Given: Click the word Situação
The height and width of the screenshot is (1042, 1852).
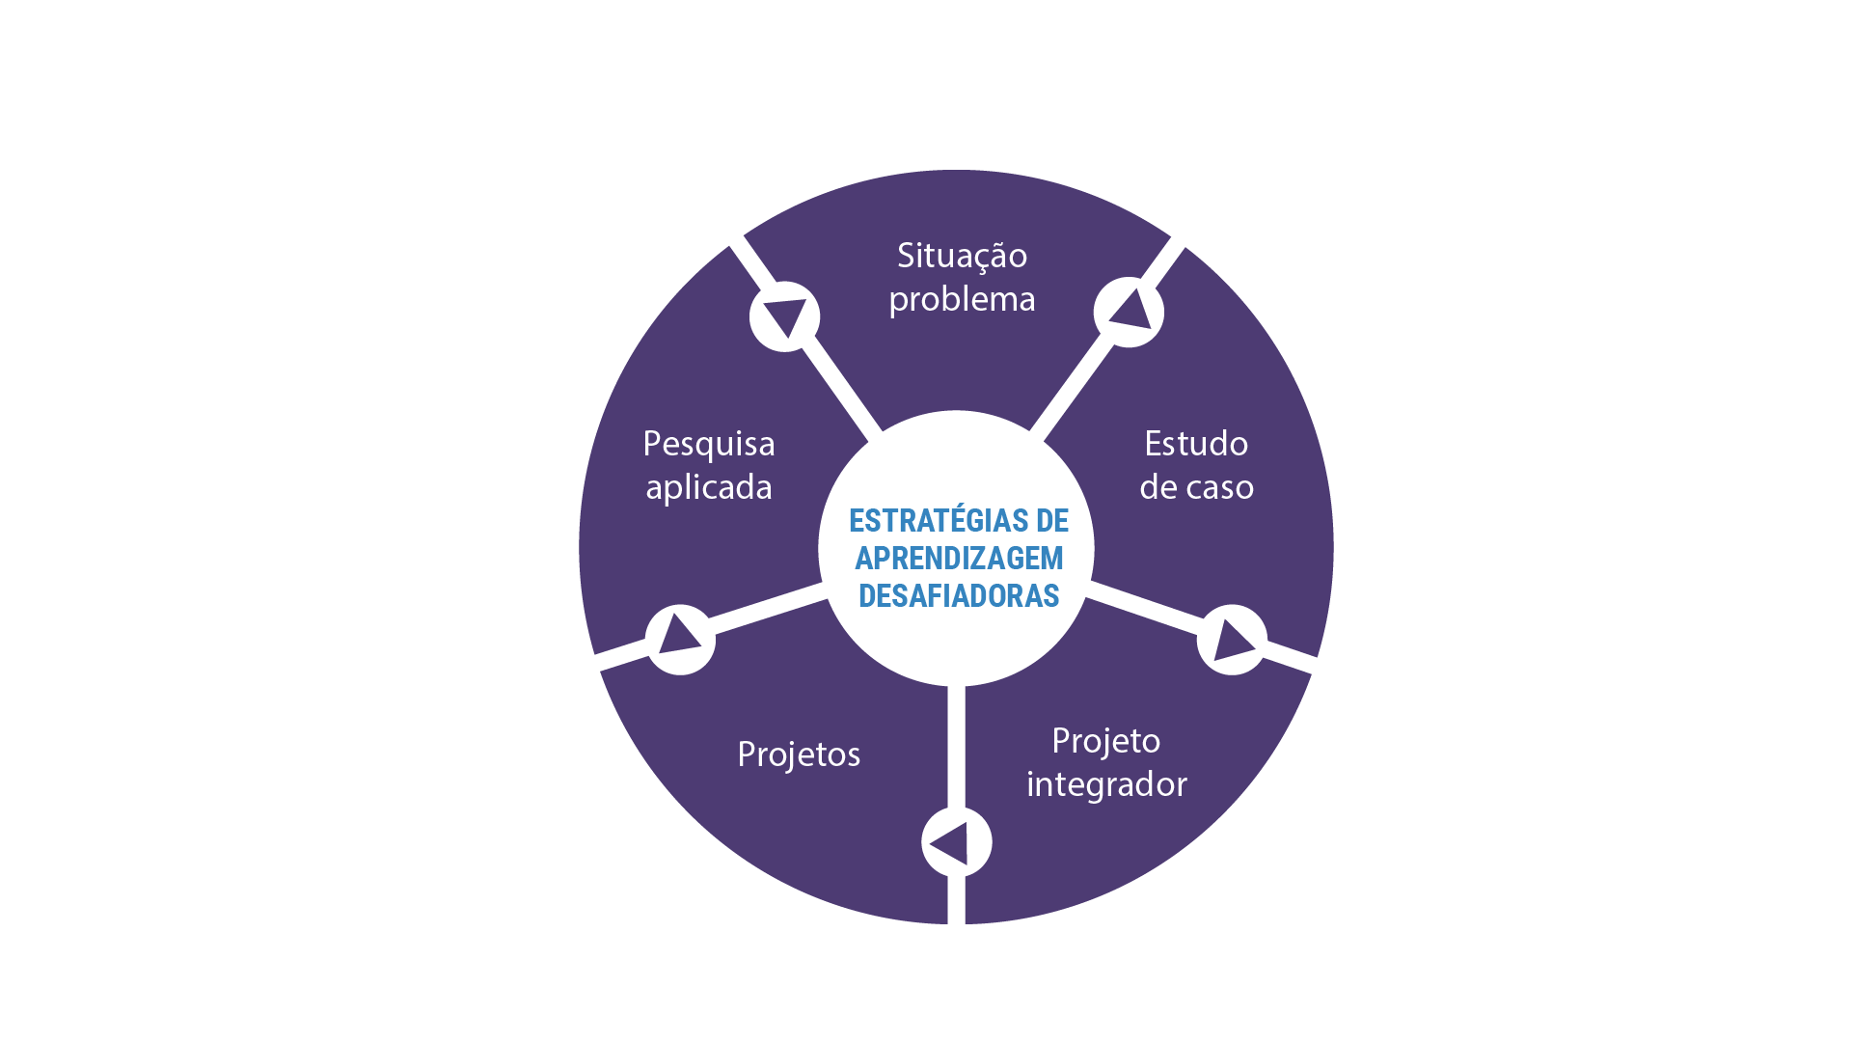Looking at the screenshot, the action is [962, 257].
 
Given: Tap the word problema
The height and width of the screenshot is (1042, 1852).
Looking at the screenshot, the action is [962, 300].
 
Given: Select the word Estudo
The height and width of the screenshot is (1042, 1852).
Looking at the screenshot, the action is [1196, 444].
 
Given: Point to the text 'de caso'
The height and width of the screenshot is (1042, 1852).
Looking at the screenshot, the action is [1196, 487].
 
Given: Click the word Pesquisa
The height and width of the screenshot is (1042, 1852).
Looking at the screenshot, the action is [709, 445].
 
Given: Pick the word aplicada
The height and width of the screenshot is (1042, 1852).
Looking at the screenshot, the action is [709, 488].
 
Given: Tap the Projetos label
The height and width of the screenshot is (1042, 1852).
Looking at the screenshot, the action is [799, 754].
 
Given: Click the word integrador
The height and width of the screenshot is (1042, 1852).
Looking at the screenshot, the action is [1106, 784].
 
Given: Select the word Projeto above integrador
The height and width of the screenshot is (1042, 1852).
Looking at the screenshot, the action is [1106, 742].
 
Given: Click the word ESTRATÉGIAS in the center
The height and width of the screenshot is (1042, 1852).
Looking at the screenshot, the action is [924, 521].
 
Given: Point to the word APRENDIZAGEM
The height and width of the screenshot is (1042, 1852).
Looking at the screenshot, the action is [959, 559].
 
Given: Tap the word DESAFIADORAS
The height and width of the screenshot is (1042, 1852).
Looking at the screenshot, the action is [959, 596].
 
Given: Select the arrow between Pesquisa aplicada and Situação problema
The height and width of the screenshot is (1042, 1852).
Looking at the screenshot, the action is [785, 315].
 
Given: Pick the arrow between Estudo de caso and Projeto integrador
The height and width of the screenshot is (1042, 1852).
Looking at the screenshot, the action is [1232, 640].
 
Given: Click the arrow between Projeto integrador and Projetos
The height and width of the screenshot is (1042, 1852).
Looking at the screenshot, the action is [950, 843].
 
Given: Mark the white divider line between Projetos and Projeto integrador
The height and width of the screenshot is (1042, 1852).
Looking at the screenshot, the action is [956, 805].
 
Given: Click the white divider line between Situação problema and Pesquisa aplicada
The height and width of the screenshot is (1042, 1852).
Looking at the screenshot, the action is [805, 338].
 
